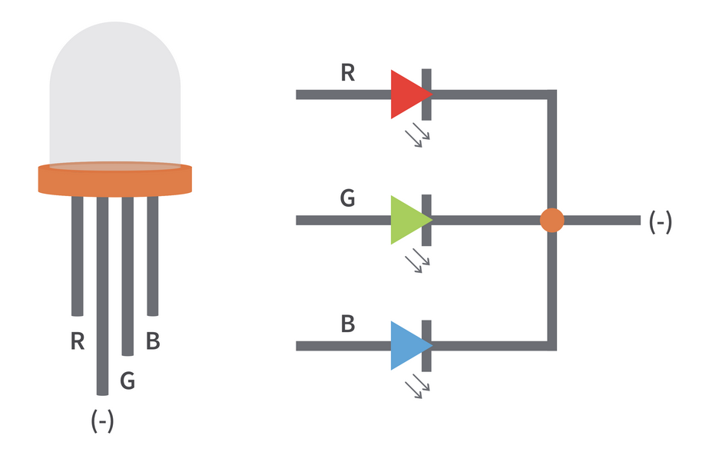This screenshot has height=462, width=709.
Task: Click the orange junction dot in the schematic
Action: [552, 220]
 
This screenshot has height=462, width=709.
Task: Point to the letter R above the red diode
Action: [347, 73]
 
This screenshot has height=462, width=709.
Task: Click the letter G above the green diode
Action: [347, 198]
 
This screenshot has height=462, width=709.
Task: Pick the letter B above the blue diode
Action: [347, 324]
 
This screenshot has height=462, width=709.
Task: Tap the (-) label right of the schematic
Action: [661, 221]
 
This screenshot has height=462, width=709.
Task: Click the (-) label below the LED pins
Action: [102, 420]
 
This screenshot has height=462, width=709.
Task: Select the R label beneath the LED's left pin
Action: [77, 341]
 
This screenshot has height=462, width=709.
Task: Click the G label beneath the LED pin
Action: [128, 380]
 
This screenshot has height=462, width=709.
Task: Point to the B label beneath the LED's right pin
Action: [153, 341]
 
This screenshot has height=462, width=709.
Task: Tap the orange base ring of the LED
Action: [115, 181]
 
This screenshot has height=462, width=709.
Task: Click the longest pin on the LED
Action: [102, 307]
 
